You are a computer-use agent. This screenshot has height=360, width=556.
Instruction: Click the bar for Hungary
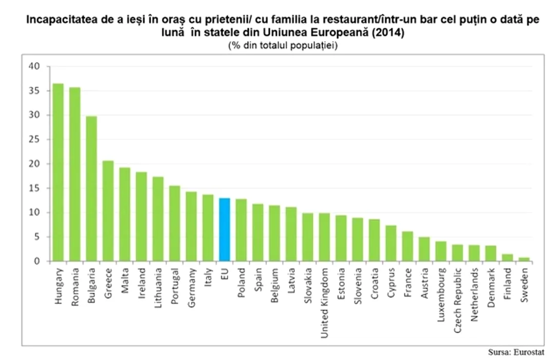click(x=58, y=172)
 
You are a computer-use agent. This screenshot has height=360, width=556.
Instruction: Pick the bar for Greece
click(x=108, y=211)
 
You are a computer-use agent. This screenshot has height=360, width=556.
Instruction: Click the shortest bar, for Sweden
click(x=524, y=259)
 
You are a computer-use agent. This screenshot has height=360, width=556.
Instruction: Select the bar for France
click(x=407, y=246)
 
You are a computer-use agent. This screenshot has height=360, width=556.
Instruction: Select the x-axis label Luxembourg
click(x=441, y=294)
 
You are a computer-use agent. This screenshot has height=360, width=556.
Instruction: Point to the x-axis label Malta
click(x=125, y=281)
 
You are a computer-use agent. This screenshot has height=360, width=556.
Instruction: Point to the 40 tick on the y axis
click(x=34, y=66)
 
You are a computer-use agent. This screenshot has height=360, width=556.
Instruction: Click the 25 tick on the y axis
click(x=34, y=139)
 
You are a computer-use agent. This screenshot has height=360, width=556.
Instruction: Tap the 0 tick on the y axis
click(x=36, y=261)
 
